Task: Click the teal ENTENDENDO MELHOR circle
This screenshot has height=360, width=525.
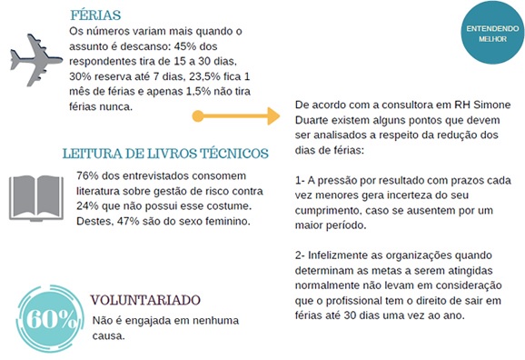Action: pyautogui.click(x=486, y=35)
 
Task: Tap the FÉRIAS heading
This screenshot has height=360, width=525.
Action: pyautogui.click(x=95, y=15)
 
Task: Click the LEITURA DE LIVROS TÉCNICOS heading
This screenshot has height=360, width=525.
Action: pyautogui.click(x=164, y=153)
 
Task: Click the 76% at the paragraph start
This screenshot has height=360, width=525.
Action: pyautogui.click(x=89, y=175)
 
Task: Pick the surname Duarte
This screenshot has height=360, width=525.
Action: pyautogui.click(x=314, y=118)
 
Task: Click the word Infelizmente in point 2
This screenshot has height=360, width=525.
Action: pyautogui.click(x=344, y=255)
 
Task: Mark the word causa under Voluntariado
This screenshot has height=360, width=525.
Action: pyautogui.click(x=110, y=335)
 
